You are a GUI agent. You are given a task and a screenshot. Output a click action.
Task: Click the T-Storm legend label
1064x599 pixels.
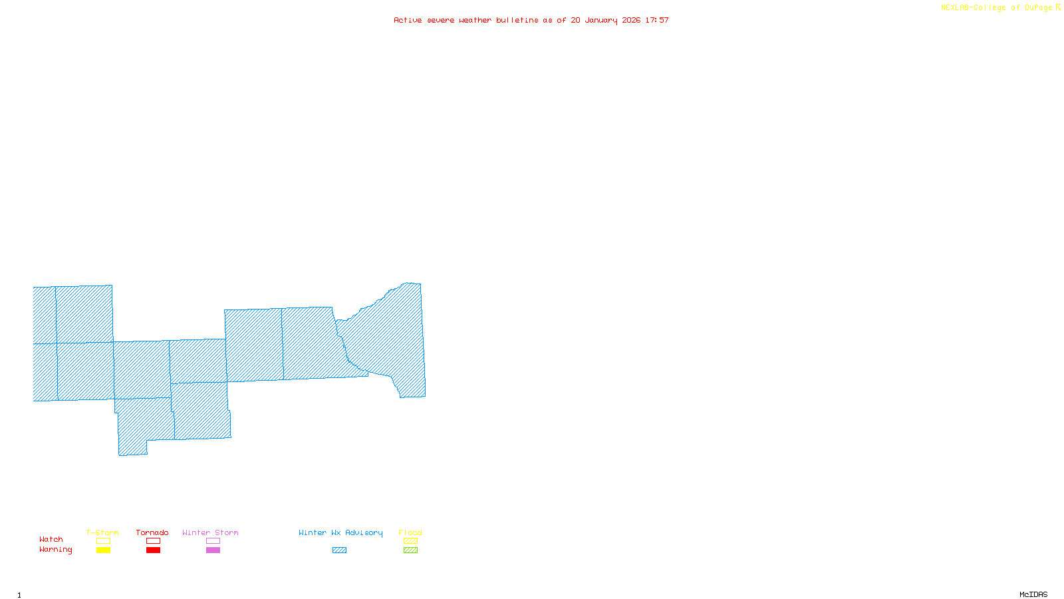(102, 532)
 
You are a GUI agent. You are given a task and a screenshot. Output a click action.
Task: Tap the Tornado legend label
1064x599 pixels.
(152, 532)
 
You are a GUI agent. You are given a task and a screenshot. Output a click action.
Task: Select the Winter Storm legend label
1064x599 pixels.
(210, 532)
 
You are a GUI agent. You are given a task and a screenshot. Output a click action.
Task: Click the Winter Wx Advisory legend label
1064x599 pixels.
(340, 532)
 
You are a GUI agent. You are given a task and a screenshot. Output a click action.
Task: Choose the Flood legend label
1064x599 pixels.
(410, 532)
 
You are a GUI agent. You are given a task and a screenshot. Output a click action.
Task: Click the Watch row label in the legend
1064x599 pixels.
(51, 539)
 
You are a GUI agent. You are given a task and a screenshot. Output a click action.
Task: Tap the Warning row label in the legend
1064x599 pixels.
(55, 550)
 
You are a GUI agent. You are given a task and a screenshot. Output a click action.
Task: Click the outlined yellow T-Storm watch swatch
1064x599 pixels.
(103, 541)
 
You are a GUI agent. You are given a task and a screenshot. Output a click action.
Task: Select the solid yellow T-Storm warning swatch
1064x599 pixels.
(103, 550)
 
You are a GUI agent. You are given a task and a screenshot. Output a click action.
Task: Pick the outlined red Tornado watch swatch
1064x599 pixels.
(153, 541)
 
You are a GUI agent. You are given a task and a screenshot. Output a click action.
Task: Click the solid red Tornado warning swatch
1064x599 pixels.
(153, 550)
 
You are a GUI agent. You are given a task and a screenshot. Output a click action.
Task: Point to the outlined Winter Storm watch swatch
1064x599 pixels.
(213, 541)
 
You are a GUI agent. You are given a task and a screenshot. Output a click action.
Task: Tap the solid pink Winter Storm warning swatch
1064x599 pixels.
(213, 550)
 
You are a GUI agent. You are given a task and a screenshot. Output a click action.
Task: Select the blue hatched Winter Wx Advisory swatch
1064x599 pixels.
(339, 550)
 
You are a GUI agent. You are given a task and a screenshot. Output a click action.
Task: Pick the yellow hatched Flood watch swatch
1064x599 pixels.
(410, 541)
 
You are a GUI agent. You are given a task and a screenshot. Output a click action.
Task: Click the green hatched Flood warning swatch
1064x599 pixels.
(410, 550)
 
